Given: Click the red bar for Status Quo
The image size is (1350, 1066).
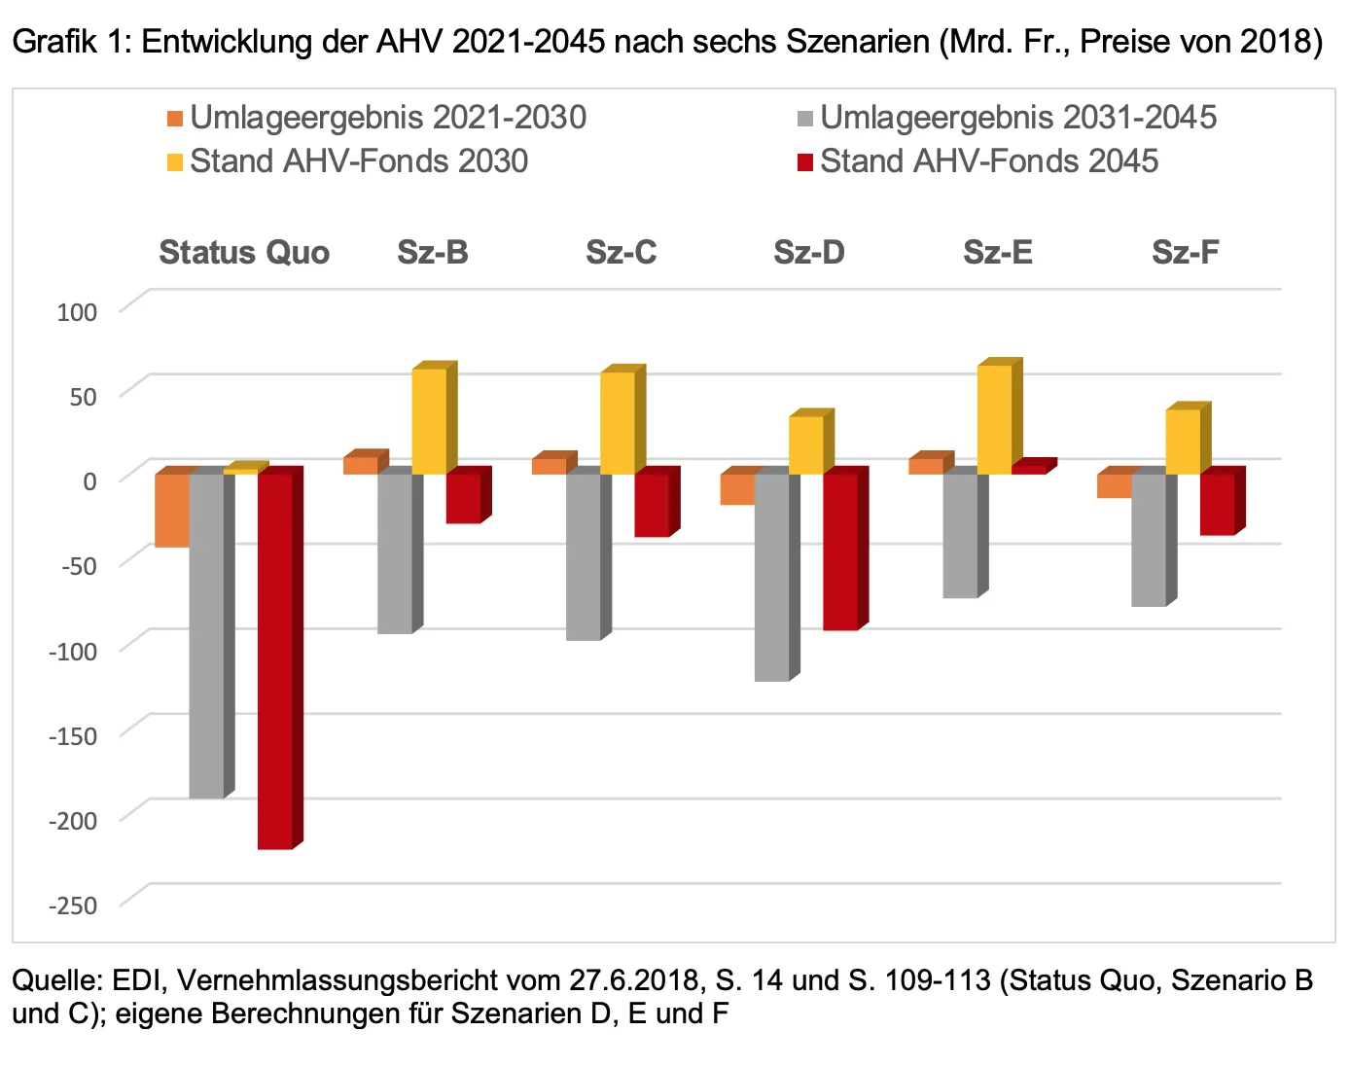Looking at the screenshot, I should point(275,661).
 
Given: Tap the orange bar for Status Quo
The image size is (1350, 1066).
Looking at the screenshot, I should point(172,511).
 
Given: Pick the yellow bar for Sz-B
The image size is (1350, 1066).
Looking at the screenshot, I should point(429,421).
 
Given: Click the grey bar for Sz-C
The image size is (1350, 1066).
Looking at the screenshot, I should point(584,556).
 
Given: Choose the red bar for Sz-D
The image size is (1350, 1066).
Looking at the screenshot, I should point(840,551).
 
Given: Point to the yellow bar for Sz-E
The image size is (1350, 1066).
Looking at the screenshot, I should point(994,419).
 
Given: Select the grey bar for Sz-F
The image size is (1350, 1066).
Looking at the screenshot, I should point(1149,540).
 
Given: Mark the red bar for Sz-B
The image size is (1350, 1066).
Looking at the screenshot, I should point(463,498).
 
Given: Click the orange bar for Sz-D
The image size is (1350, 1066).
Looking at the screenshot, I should point(737,489).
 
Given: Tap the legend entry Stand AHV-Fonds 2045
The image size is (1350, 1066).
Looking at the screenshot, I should point(988,161).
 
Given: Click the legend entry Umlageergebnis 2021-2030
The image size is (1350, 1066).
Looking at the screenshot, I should point(387,118).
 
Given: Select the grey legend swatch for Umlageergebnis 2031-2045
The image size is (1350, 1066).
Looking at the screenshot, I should point(804,119).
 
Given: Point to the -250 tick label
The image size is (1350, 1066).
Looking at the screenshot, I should point(74,906).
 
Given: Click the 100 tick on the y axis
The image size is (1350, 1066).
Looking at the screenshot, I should point(78,312).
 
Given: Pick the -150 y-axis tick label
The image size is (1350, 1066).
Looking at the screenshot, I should point(74,736).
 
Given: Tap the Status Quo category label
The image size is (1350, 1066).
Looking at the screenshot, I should point(244,253).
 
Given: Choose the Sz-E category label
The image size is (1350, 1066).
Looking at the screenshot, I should point(997,253).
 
